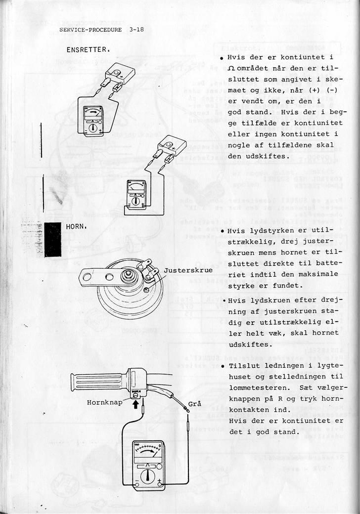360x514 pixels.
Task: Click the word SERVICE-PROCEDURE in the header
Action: (x=90, y=30)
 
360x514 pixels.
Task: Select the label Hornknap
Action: (x=104, y=402)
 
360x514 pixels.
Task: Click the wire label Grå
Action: (x=195, y=404)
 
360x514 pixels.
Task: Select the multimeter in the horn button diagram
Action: (x=148, y=463)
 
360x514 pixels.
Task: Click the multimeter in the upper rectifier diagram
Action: (x=93, y=120)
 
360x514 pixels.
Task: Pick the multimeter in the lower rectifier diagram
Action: (x=136, y=195)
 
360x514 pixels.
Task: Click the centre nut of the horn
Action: (x=129, y=274)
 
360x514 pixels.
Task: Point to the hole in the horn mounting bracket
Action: (x=87, y=277)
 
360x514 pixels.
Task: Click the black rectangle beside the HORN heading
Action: (x=52, y=239)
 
